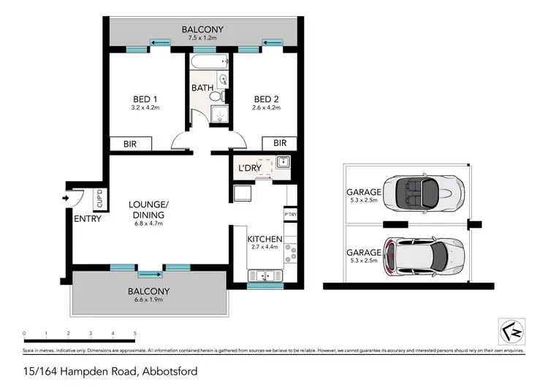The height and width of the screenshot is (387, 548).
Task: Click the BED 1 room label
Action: [145, 99]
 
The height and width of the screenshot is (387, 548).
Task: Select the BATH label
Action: [202, 88]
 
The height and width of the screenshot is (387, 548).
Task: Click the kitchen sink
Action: [263, 275]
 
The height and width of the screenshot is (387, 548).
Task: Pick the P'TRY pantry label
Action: [291, 214]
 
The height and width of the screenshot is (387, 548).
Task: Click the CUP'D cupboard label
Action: [99, 198]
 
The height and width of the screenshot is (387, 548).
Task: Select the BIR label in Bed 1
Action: [131, 143]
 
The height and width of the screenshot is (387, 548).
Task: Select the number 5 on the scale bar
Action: [135, 334]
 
